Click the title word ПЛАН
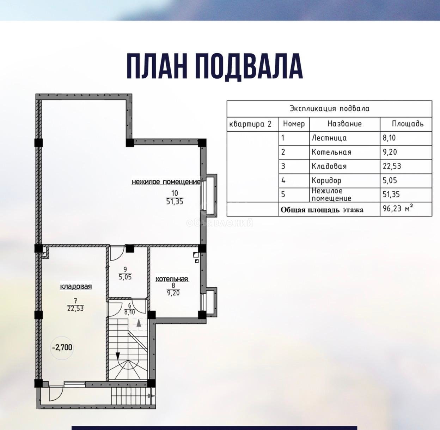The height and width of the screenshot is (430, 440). tap(157, 66)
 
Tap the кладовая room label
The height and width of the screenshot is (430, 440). tap(76, 286)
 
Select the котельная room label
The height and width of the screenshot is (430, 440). tap(172, 279)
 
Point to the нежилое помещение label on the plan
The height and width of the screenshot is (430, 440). tap(166, 182)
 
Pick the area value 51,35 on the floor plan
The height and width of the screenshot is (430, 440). tap(175, 201)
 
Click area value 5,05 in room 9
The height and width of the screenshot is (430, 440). tap(125, 277)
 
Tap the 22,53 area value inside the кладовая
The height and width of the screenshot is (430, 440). tap(75, 308)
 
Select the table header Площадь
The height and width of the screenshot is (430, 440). tap(408, 124)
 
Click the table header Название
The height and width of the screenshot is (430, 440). tap(344, 124)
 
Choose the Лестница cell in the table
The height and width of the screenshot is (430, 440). tap(329, 138)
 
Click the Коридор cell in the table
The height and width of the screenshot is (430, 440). tap(326, 180)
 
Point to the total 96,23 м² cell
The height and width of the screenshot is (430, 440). tap(399, 209)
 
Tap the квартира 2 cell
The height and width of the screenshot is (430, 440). tap(250, 124)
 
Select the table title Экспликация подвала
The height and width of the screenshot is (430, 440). tap(329, 109)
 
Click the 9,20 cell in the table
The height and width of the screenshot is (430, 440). tap(390, 152)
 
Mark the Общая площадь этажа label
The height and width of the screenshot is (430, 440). tap(322, 210)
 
